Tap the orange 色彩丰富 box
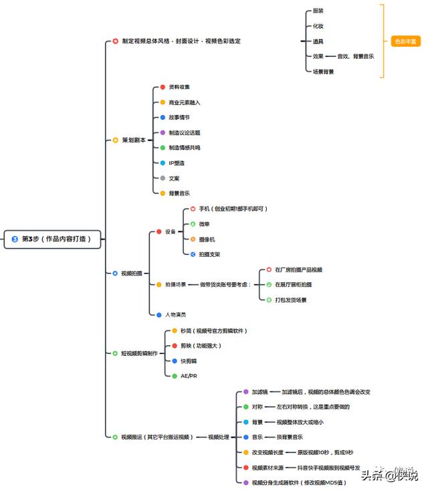coord(405,41)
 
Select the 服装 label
coord(318,11)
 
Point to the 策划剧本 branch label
coord(133,140)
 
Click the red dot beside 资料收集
coord(163,87)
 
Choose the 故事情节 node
coord(179,117)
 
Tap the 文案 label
coord(174,178)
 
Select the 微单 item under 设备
coord(205,224)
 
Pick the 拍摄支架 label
coord(209,254)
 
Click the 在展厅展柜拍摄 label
coord(293,284)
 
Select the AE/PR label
coord(189,376)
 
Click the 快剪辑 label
coord(189,361)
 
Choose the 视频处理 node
coord(218,437)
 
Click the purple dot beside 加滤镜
coord(245,391)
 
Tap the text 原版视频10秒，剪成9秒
coord(325,452)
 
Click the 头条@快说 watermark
coord(389,476)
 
